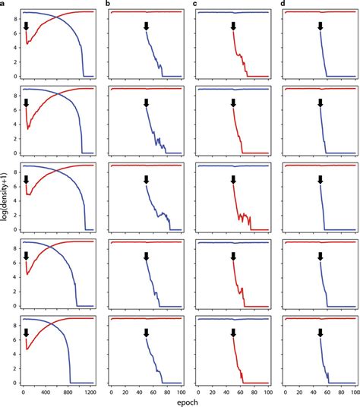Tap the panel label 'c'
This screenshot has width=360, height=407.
[x=195, y=5]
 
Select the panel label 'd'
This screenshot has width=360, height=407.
[x=283, y=5]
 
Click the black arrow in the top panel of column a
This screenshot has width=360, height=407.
[x=27, y=26]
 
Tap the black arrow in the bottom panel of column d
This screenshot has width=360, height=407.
[x=321, y=333]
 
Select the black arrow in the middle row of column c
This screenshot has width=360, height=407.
[x=234, y=179]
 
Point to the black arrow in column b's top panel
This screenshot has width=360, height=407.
[x=147, y=26]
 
